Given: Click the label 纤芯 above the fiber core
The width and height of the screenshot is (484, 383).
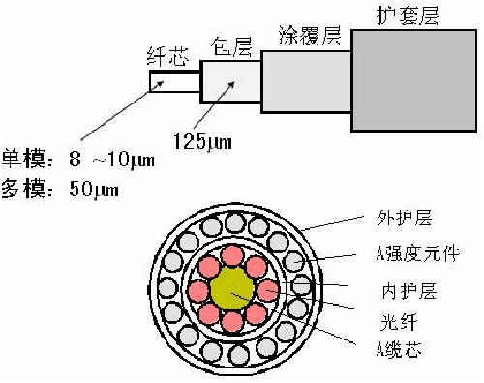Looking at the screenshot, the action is (166, 56).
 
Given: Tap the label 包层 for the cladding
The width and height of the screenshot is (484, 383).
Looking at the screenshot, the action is (228, 44).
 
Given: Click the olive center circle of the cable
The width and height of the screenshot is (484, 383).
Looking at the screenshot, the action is (233, 289).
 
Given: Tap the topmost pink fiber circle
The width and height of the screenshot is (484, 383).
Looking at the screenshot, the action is (233, 254).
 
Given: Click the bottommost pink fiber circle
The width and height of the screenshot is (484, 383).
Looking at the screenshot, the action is (233, 324).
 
